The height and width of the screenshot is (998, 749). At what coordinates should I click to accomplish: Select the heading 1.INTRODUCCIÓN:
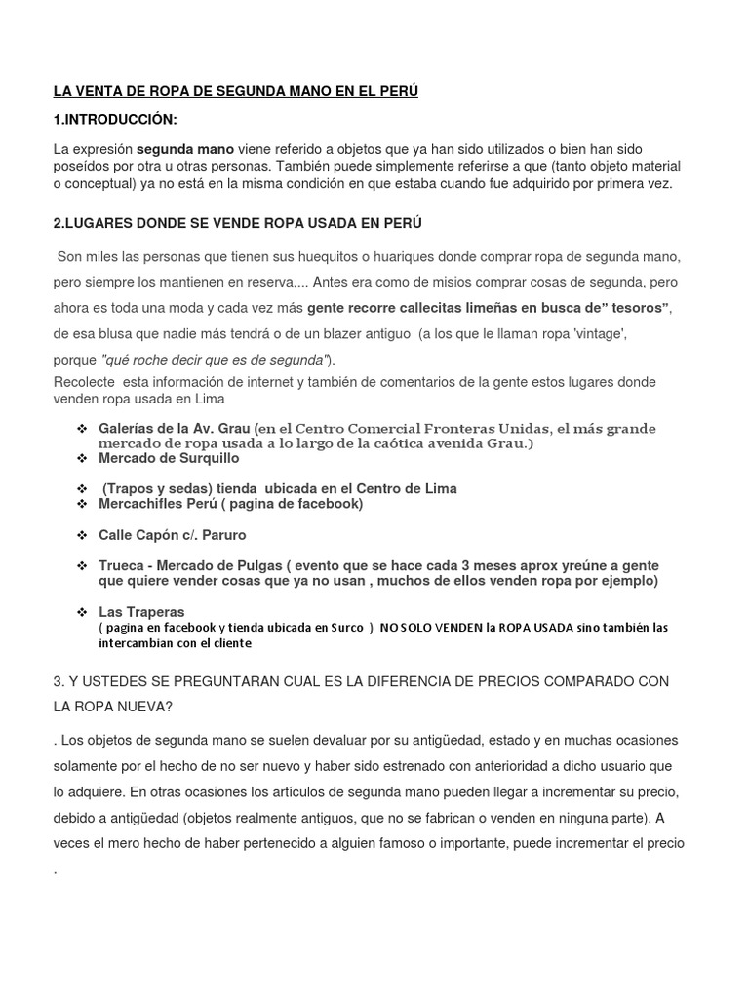pyautogui.click(x=116, y=120)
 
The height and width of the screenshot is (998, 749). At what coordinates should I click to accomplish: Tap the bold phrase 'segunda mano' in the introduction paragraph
pyautogui.click(x=184, y=150)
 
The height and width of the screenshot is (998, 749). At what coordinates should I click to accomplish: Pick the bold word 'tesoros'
pyautogui.click(x=634, y=308)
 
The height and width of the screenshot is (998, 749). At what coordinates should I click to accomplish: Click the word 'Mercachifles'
pyautogui.click(x=140, y=503)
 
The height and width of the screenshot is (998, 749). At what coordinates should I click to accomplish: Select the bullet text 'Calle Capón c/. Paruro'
pyautogui.click(x=173, y=535)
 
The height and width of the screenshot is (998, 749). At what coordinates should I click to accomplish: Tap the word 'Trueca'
pyautogui.click(x=121, y=566)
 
